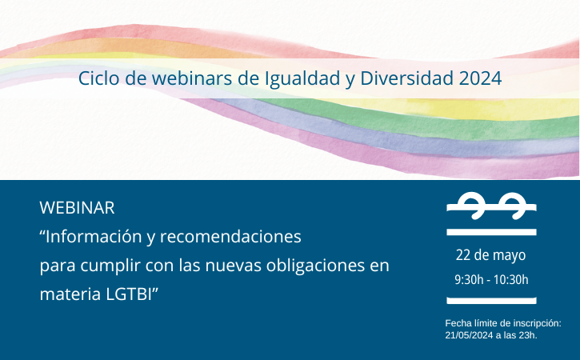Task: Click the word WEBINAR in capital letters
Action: tap(77, 208)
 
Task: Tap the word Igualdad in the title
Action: tap(302, 79)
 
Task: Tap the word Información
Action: tap(94, 237)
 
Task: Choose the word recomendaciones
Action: tap(230, 237)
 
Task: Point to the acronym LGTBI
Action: tap(129, 295)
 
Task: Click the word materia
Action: tap(70, 295)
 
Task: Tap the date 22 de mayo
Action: tap(490, 255)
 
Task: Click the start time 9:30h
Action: tap(469, 280)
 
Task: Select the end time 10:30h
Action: tap(511, 280)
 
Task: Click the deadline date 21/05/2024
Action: tap(469, 335)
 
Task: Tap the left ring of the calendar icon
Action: tap(472, 206)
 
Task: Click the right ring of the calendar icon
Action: tap(513, 206)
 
